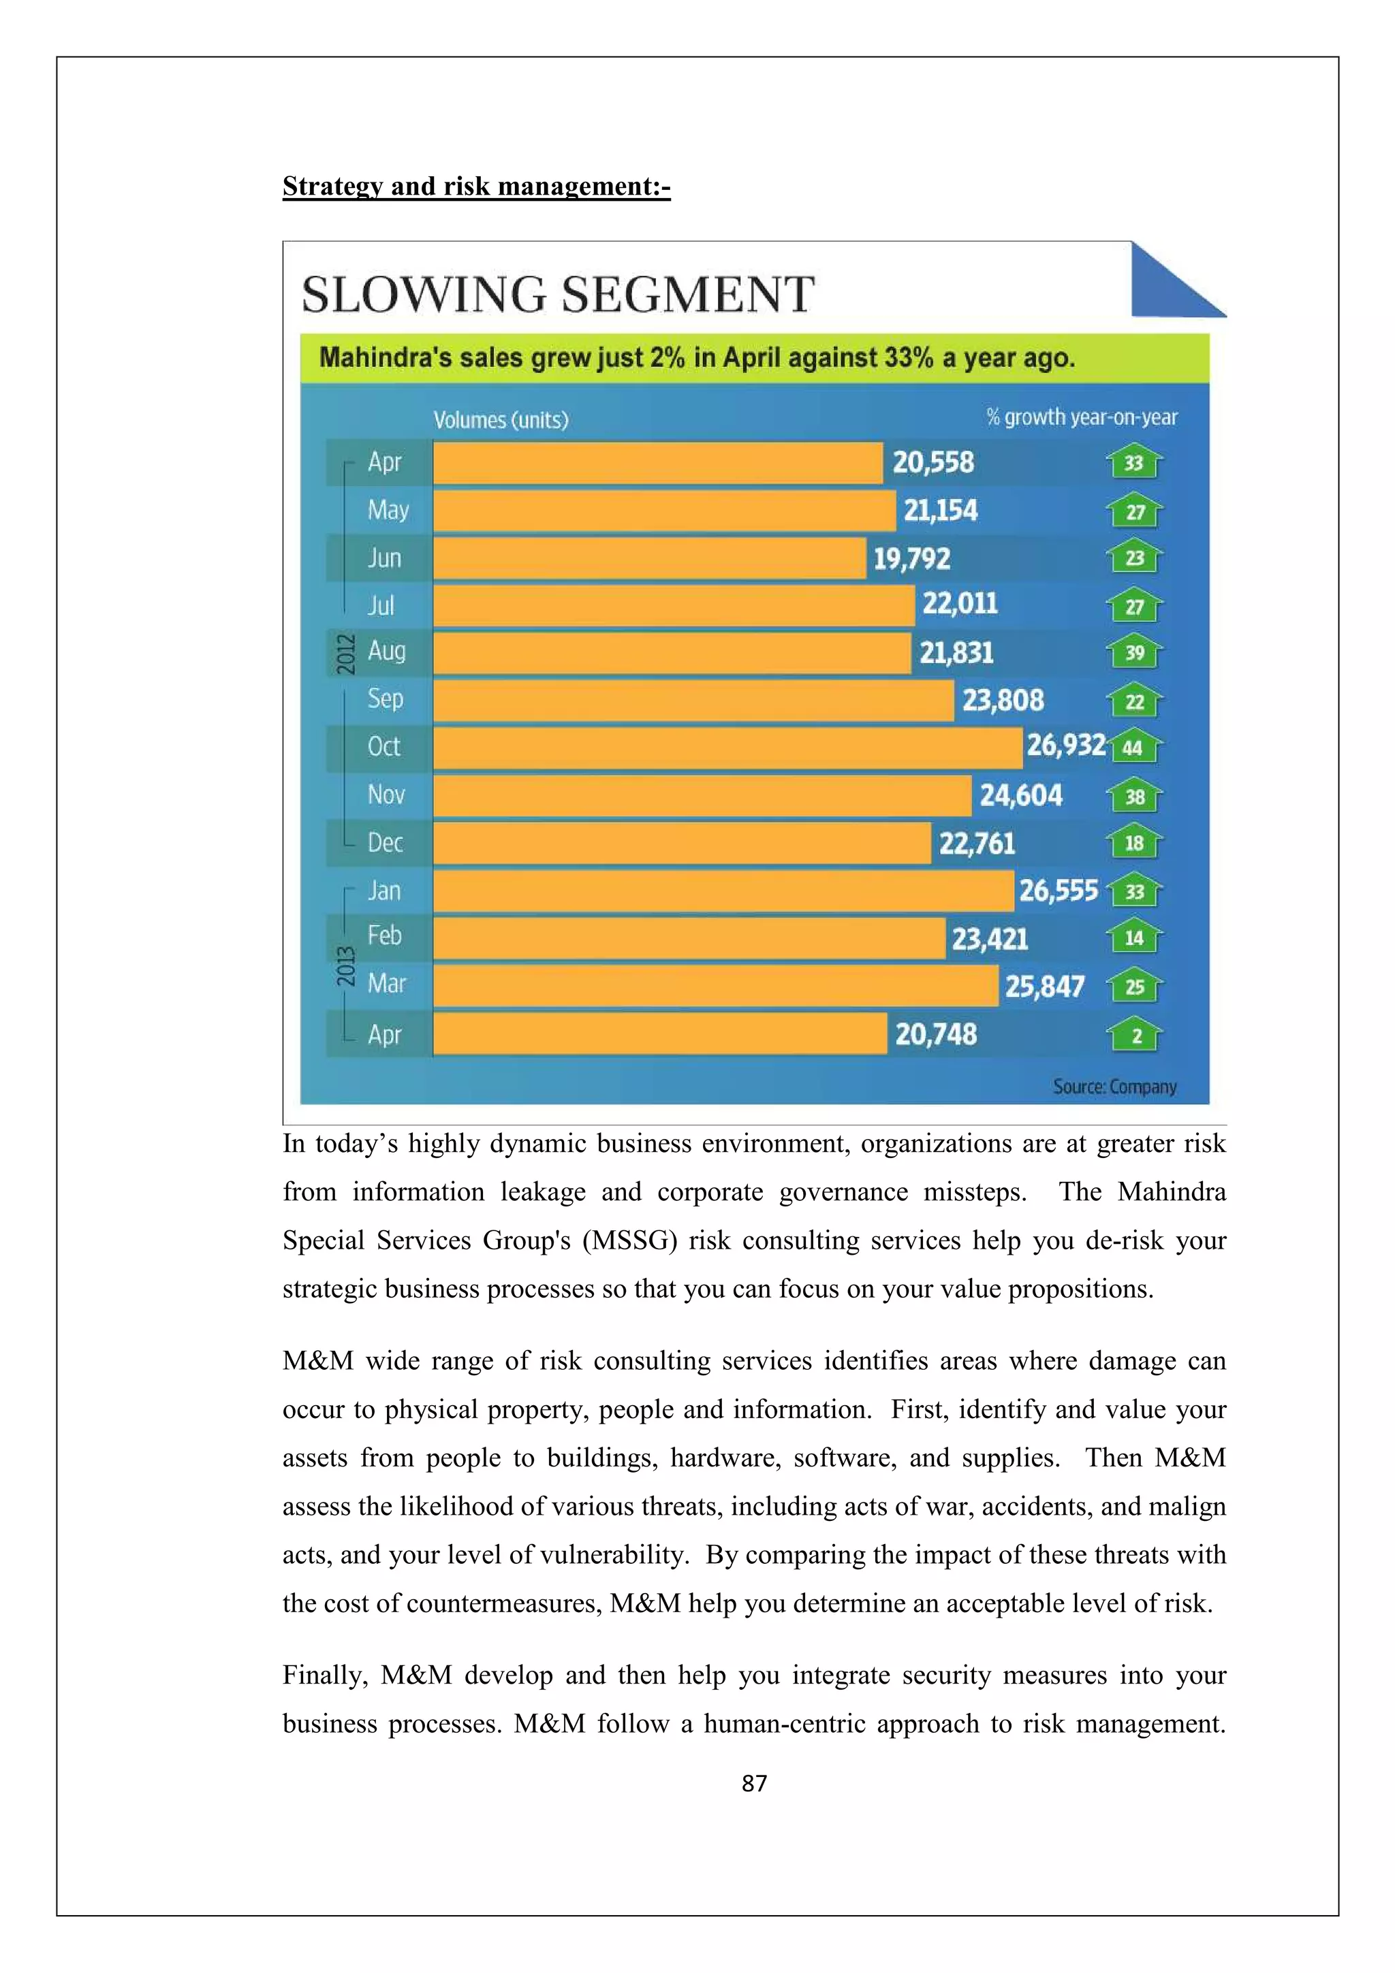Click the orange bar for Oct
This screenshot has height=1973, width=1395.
point(726,748)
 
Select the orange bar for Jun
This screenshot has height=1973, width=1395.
point(649,558)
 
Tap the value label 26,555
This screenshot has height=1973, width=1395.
point(1058,891)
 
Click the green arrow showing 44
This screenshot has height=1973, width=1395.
point(1135,748)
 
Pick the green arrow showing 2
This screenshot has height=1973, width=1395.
point(1135,1035)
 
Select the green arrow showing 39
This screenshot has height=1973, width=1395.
point(1135,652)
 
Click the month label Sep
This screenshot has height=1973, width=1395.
point(385,699)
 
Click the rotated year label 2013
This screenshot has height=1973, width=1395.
point(345,966)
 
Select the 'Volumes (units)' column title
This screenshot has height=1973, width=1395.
point(500,420)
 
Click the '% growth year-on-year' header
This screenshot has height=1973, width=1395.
point(1081,417)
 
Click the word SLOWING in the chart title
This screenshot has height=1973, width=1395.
point(424,295)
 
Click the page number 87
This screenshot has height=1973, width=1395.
point(754,1784)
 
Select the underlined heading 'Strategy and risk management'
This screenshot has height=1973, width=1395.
point(475,187)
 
